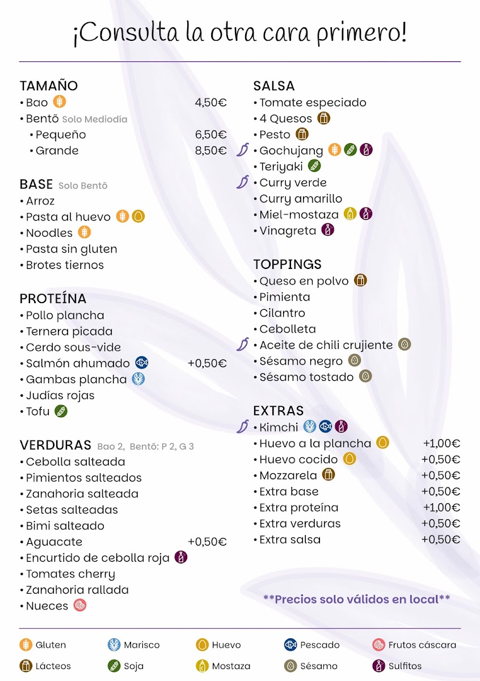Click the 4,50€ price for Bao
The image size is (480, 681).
point(210,103)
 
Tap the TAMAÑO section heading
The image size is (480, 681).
point(49,86)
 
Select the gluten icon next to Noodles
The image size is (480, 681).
point(84,232)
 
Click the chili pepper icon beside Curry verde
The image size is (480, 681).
point(243,182)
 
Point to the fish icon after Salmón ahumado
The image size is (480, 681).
point(142,363)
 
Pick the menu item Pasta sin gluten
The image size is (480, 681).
point(71,249)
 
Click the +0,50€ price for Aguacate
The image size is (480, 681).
point(207,542)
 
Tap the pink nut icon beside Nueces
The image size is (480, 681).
point(80,605)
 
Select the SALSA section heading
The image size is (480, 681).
point(274,86)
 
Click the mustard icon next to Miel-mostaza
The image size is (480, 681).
point(350,213)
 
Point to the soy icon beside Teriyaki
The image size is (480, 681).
point(314,166)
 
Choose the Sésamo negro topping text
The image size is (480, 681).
point(301,361)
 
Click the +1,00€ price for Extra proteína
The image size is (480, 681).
point(441,507)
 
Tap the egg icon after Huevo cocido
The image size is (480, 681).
point(350,459)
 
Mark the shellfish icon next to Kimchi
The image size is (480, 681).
point(310,426)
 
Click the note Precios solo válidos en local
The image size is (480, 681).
point(356,599)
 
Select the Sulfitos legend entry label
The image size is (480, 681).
point(405,666)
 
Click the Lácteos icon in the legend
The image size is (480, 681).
point(26,666)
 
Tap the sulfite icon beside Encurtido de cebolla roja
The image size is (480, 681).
point(181,557)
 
